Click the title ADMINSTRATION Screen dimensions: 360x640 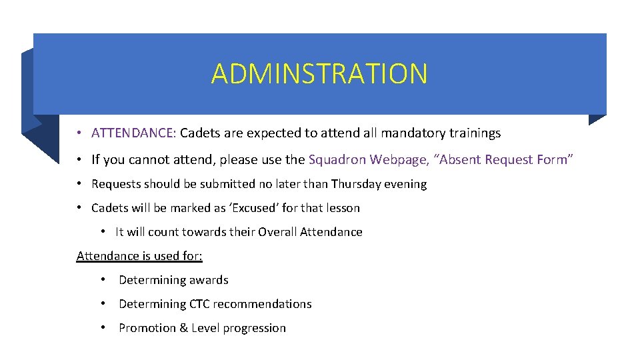click(319, 73)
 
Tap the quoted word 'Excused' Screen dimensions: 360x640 click(254, 208)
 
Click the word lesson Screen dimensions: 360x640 click(341, 208)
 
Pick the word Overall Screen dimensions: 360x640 click(277, 232)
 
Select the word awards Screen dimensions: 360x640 click(208, 280)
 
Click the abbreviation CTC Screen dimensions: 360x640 click(199, 304)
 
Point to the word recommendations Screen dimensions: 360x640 click(263, 304)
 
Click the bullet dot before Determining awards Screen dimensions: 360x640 click(103, 280)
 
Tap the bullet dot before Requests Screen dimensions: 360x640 click(79, 184)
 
